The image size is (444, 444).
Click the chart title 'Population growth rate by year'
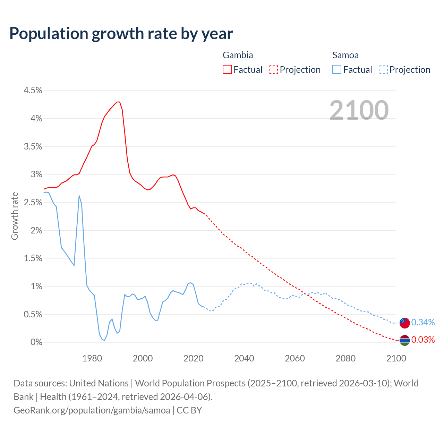click(121, 34)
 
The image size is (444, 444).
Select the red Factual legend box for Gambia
click(227, 69)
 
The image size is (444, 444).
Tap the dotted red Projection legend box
click(273, 69)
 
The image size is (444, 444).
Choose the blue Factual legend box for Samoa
click(337, 69)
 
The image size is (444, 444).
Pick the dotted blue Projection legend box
click(383, 69)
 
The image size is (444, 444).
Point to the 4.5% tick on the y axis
click(33, 91)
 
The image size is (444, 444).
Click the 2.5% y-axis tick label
click(33, 203)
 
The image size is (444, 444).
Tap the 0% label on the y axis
click(36, 343)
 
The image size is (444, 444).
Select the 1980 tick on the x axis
click(92, 358)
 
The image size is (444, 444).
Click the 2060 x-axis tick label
click(295, 358)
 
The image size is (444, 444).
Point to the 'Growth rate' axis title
click(15, 216)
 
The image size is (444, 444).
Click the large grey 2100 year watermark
click(359, 110)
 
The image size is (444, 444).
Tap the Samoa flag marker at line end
click(404, 323)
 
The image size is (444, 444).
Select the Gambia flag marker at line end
click(404, 340)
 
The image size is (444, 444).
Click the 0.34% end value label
click(423, 323)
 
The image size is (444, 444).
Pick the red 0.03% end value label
click(423, 340)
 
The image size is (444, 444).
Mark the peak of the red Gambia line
click(118, 102)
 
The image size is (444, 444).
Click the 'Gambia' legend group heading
click(238, 55)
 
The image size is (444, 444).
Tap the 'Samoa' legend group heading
click(345, 55)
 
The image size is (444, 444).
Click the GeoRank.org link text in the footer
click(92, 410)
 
